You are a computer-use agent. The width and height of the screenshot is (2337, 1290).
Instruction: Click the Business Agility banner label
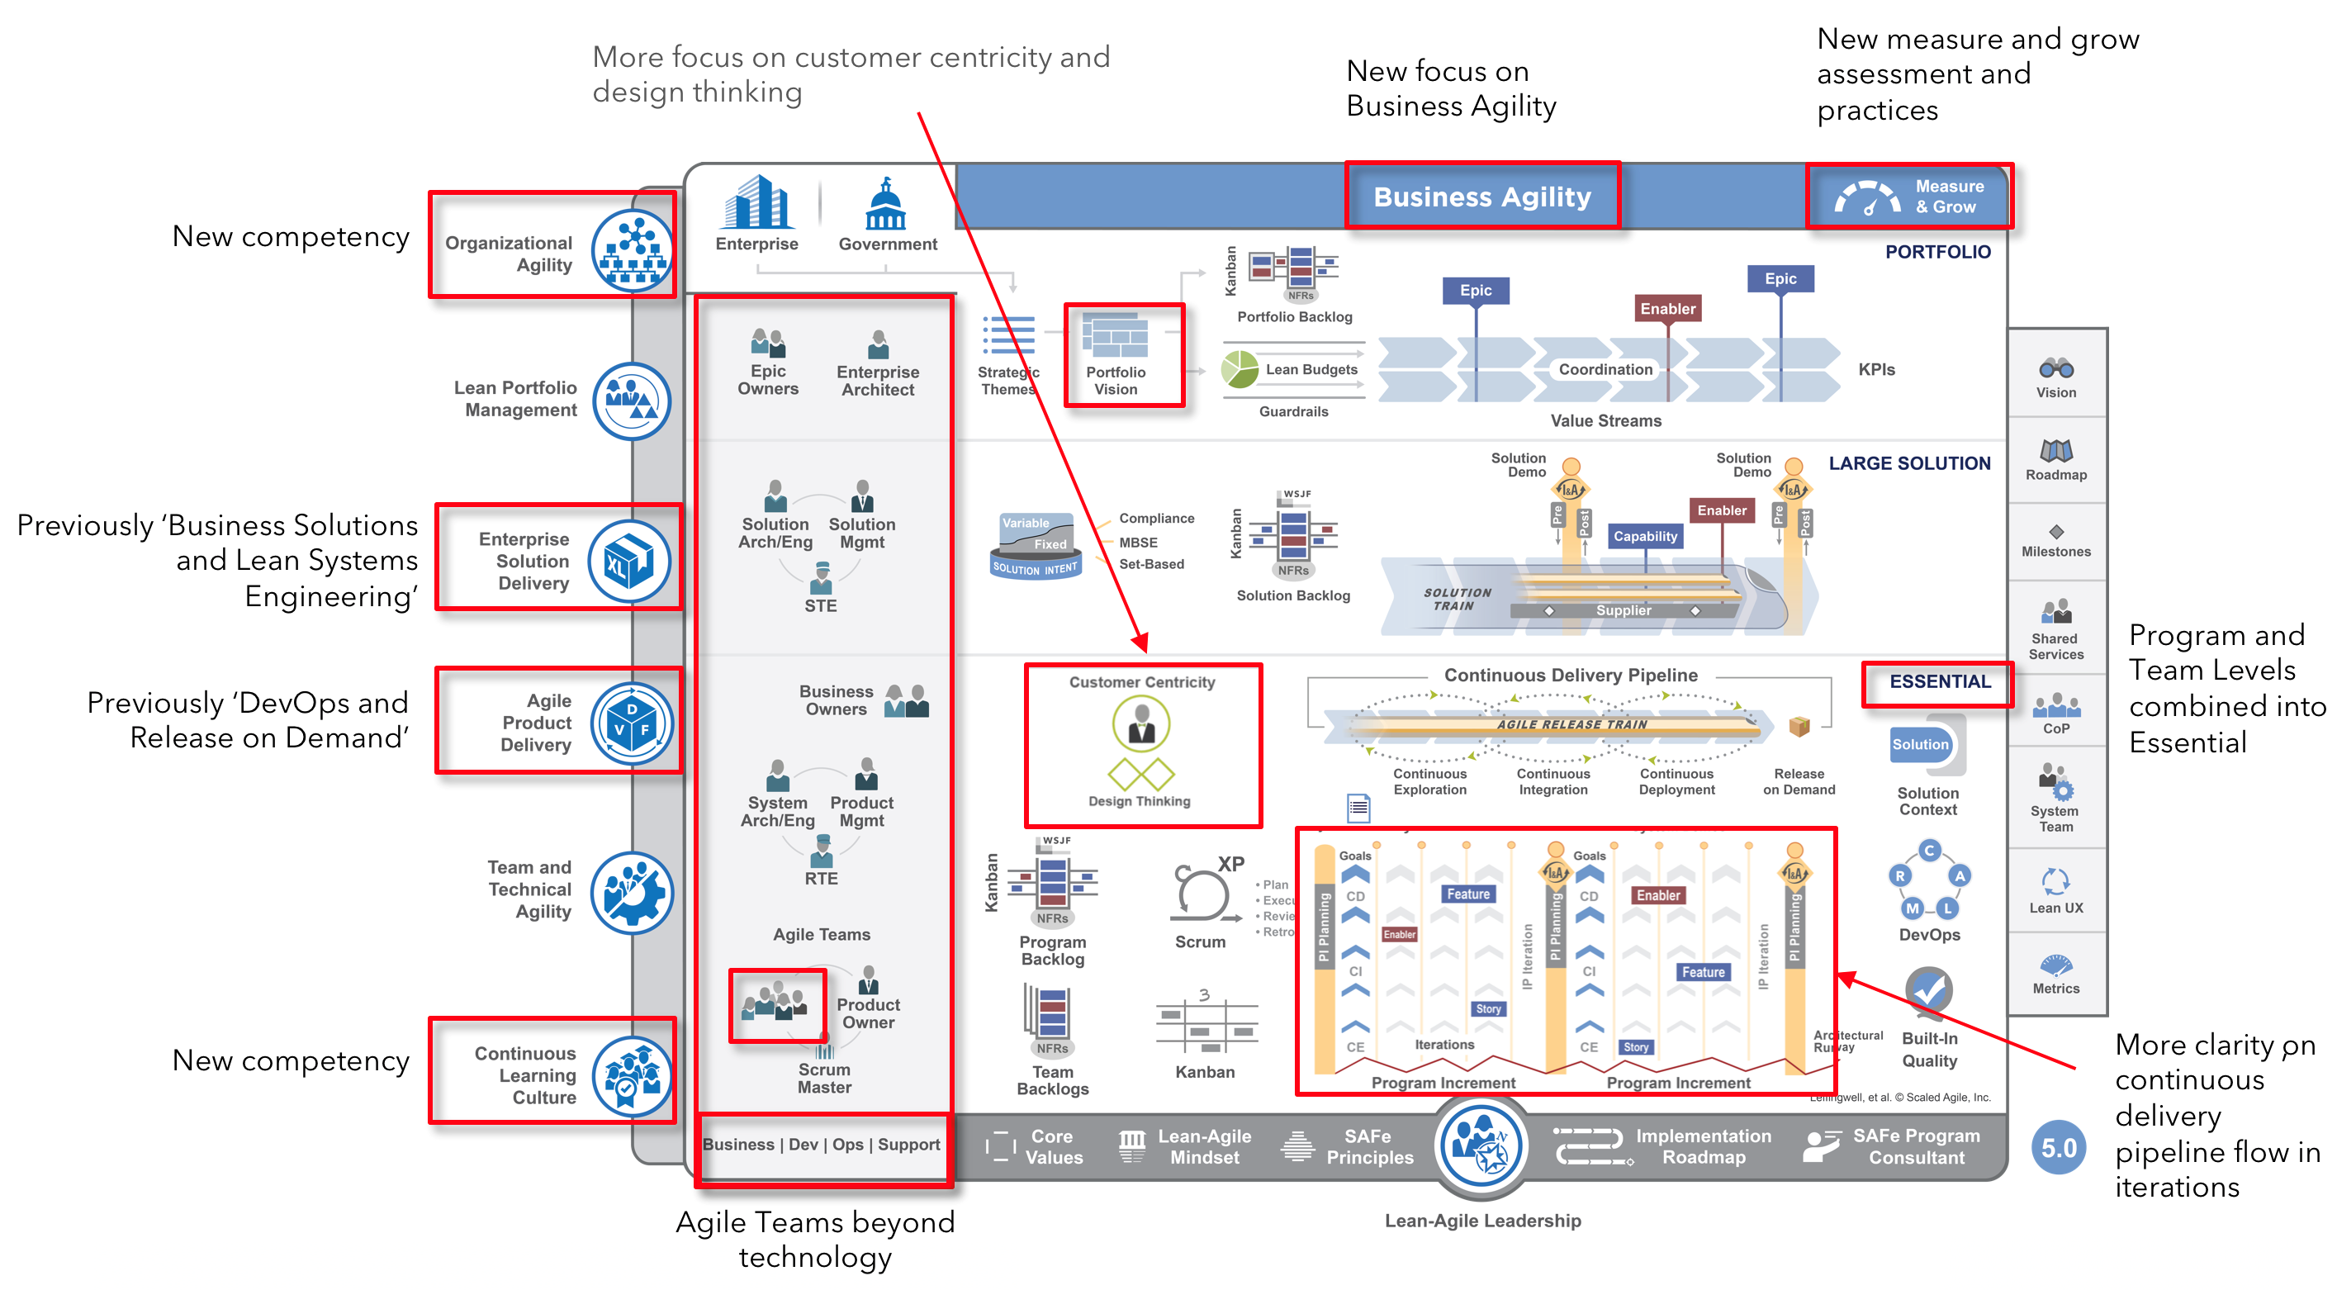pyautogui.click(x=1481, y=197)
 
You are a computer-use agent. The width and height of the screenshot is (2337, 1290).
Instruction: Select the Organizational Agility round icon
pyautogui.click(x=632, y=250)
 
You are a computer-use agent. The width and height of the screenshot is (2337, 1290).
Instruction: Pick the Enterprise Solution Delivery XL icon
pyautogui.click(x=629, y=562)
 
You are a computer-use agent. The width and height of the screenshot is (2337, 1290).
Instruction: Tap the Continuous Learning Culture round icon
pyautogui.click(x=632, y=1076)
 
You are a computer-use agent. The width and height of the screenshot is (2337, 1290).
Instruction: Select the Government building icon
pyautogui.click(x=886, y=204)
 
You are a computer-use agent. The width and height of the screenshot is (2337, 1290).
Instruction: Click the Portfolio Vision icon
pyautogui.click(x=1116, y=335)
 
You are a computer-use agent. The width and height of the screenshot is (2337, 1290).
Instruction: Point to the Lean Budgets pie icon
pyautogui.click(x=1240, y=369)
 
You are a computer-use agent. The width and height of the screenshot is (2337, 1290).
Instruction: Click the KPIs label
pyautogui.click(x=1876, y=369)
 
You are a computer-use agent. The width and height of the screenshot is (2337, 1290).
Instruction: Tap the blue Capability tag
pyautogui.click(x=1645, y=536)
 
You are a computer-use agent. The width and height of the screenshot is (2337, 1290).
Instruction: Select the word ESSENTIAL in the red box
pyautogui.click(x=1940, y=682)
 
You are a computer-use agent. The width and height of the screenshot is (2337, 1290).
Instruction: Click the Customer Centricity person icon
pyautogui.click(x=1141, y=723)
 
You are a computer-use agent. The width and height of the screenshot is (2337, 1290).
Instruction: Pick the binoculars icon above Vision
pyautogui.click(x=2055, y=368)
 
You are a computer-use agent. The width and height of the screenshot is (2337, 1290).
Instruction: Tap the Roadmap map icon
pyautogui.click(x=2055, y=450)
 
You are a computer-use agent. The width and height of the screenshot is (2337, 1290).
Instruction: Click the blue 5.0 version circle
pyautogui.click(x=2059, y=1148)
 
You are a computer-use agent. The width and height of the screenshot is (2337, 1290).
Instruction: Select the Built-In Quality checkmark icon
pyautogui.click(x=1929, y=991)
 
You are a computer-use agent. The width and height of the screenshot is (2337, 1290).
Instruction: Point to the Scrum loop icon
pyautogui.click(x=1202, y=894)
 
